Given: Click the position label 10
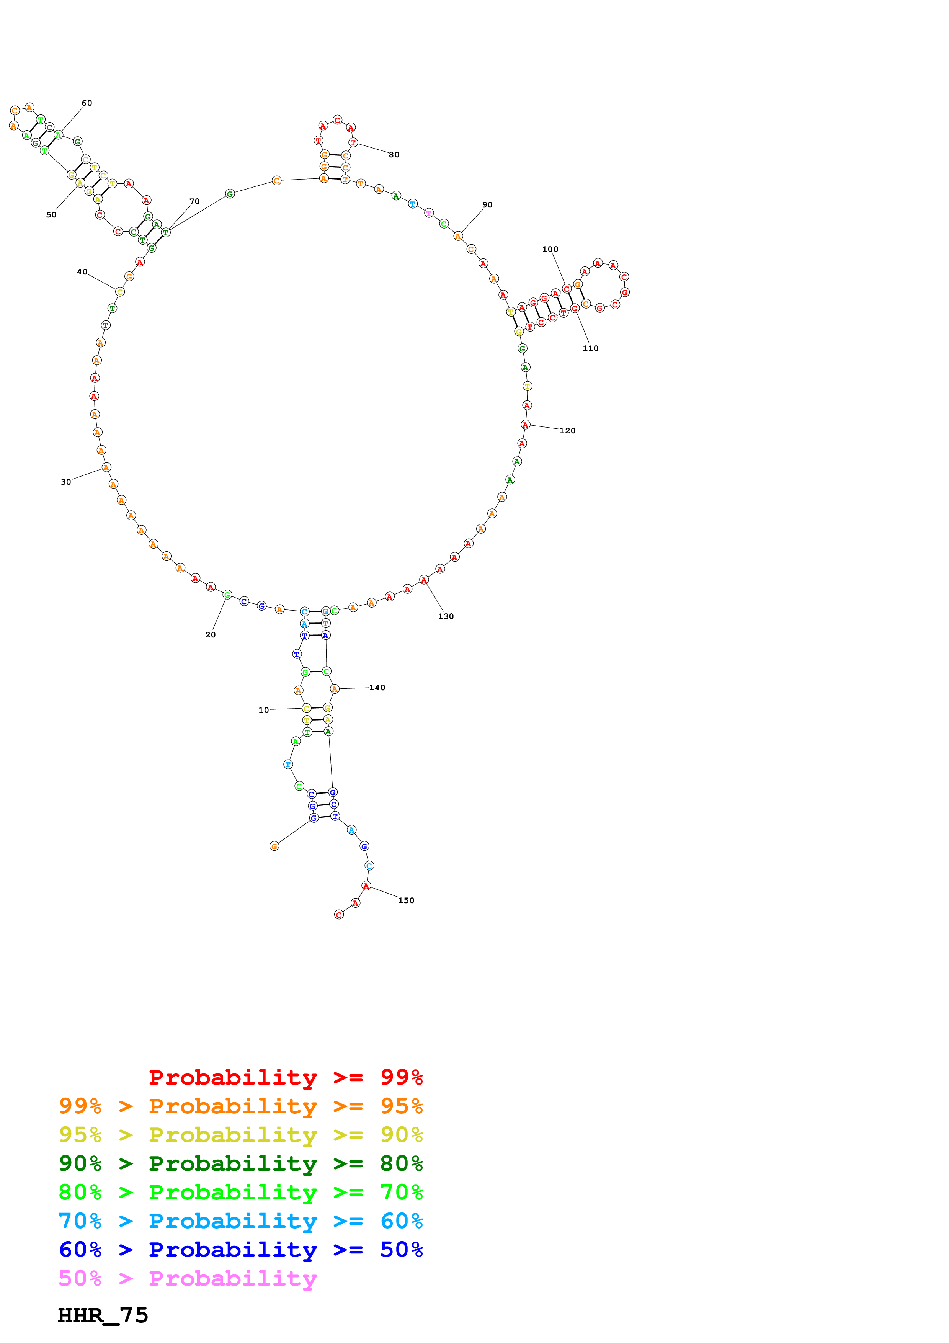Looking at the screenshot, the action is tap(264, 710).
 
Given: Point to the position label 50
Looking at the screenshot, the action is tap(51, 215).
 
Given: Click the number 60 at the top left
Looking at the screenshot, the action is tap(87, 103).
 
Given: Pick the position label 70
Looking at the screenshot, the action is tap(195, 201).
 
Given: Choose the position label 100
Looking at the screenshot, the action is tap(550, 249).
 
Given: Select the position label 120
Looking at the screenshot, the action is tap(567, 431).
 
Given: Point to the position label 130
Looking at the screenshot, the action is tap(446, 616).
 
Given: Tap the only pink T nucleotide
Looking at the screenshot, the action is tap(429, 213).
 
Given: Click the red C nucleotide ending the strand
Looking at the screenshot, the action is tap(338, 915).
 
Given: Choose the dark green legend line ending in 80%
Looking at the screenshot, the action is tap(240, 1163).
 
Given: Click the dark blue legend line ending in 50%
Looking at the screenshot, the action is tap(240, 1250).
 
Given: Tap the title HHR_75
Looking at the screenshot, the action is tap(103, 1315).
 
